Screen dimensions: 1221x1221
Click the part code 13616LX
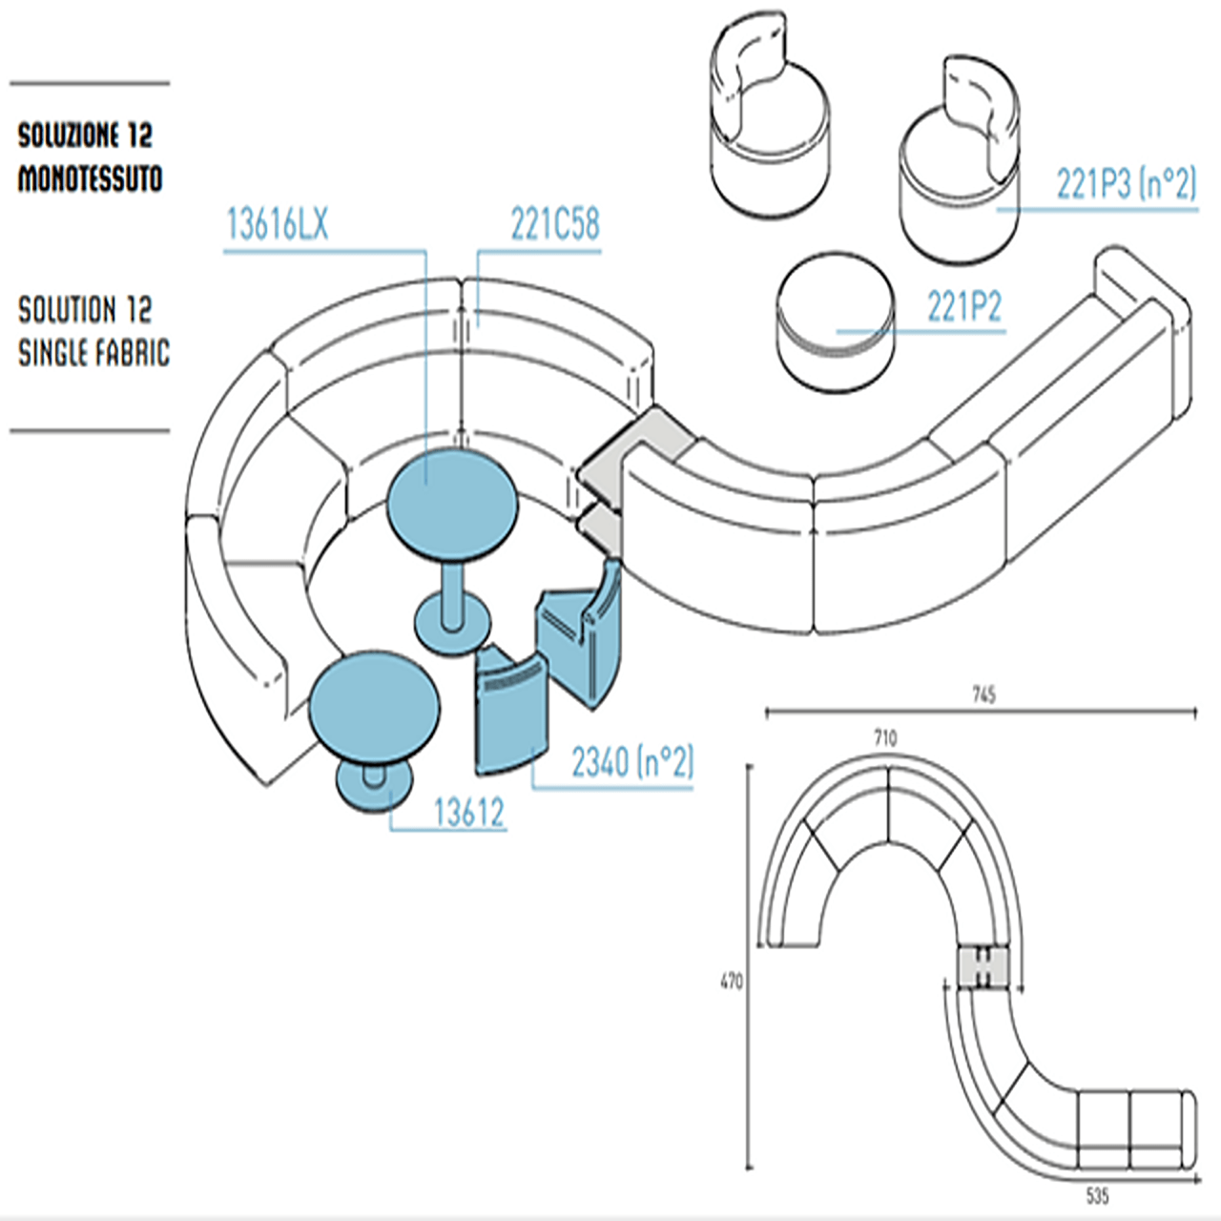click(277, 225)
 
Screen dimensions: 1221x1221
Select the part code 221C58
click(555, 225)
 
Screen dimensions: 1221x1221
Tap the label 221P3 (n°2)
click(1126, 183)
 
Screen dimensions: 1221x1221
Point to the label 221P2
click(964, 307)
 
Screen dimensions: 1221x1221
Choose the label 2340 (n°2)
click(631, 762)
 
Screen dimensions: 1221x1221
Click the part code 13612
click(468, 813)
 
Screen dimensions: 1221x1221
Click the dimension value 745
click(983, 694)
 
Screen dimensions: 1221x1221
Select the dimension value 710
click(885, 737)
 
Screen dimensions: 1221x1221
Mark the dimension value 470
click(731, 981)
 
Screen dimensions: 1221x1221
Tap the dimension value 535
click(1097, 1195)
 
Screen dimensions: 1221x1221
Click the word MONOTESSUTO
click(90, 178)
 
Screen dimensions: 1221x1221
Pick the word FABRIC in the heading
click(133, 353)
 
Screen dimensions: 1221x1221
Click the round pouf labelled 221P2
click(836, 320)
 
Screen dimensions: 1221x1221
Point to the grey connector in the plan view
click(983, 966)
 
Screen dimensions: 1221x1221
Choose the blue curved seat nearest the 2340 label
click(511, 711)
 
